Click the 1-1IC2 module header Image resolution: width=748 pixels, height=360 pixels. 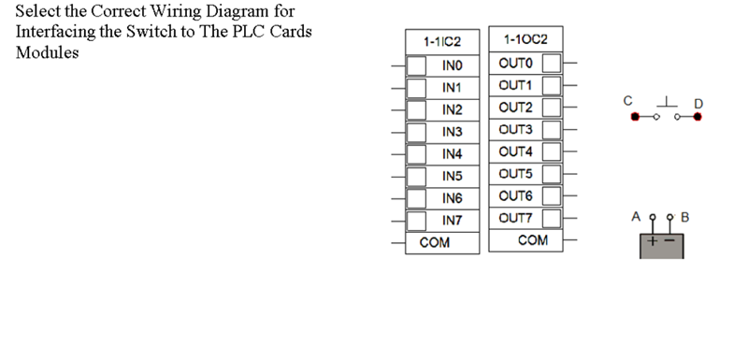[442, 42]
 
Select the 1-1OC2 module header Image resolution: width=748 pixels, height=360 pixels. [525, 40]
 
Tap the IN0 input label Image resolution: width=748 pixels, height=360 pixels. [453, 65]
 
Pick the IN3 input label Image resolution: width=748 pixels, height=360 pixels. [453, 132]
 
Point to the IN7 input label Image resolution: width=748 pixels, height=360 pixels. [453, 221]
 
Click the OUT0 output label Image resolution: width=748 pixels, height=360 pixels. [516, 64]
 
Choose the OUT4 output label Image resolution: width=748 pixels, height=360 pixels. [516, 151]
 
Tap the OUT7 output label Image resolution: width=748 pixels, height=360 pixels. [516, 218]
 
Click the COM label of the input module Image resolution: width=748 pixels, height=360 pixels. [435, 242]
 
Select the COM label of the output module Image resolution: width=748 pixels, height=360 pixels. [533, 240]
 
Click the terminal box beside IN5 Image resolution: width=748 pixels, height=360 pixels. [416, 176]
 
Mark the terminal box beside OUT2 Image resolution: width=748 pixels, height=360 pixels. [552, 108]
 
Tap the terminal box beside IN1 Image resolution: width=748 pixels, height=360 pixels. [416, 88]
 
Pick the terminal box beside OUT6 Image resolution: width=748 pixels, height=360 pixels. [552, 195]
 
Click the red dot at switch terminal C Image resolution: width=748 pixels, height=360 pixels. [636, 118]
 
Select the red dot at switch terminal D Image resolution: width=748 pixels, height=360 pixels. [698, 118]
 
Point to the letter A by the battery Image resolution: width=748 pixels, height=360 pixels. [636, 216]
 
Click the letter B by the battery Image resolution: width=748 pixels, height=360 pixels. [684, 217]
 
